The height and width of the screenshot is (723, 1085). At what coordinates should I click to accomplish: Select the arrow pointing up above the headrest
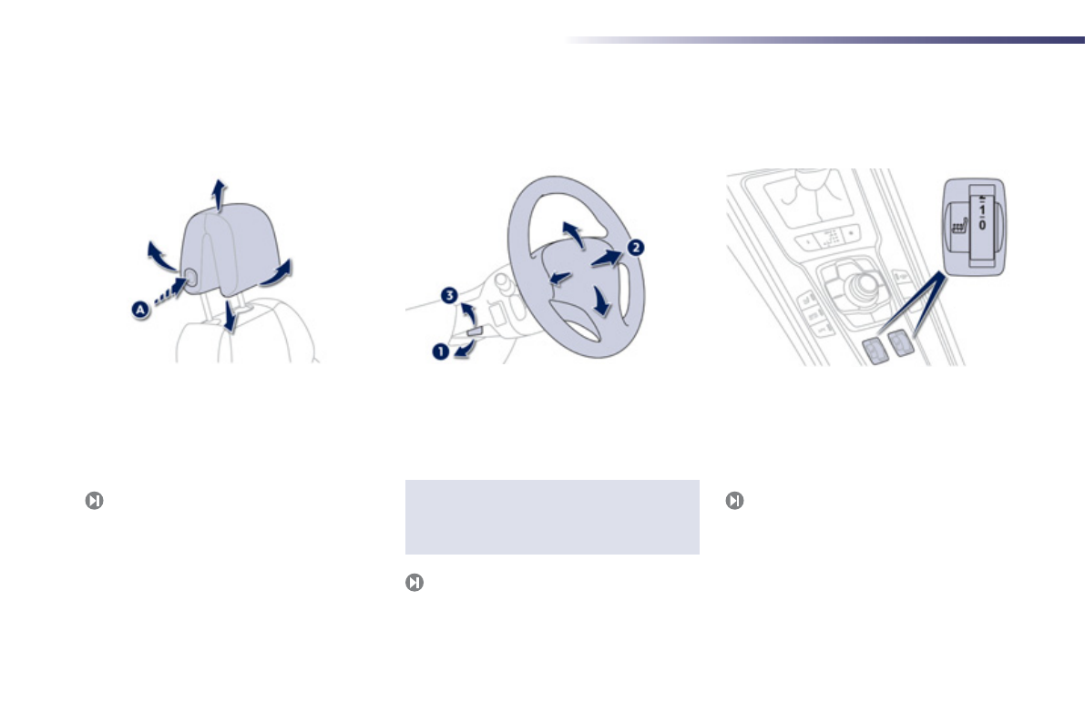pos(218,194)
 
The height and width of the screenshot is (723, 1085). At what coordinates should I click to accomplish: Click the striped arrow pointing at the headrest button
pos(168,291)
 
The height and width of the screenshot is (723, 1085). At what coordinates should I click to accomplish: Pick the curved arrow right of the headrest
pos(278,272)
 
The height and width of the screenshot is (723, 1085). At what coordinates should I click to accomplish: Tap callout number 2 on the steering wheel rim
pos(636,247)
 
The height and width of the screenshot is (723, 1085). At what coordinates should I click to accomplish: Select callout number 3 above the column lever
pos(448,295)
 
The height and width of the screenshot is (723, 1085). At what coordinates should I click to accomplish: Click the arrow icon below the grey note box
pos(414,583)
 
